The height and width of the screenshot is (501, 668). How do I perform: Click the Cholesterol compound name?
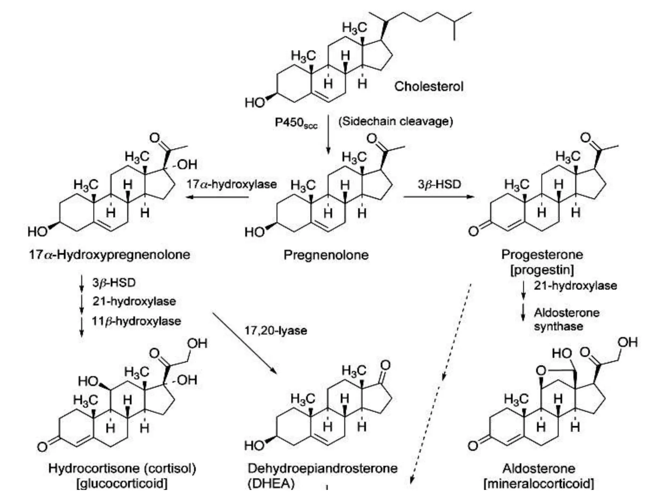[429, 86]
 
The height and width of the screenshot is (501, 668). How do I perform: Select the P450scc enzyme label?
[296, 123]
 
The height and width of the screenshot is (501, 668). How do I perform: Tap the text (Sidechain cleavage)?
[396, 121]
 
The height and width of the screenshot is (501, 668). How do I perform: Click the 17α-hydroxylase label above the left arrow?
[231, 184]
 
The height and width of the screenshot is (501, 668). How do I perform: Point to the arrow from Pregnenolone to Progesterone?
[439, 196]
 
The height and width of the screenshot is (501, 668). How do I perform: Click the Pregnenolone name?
[326, 255]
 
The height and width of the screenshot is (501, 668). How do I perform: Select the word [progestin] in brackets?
[542, 270]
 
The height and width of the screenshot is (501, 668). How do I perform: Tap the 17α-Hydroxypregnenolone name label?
[109, 254]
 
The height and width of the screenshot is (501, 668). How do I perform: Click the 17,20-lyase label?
[276, 330]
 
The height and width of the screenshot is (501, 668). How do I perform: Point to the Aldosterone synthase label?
[566, 319]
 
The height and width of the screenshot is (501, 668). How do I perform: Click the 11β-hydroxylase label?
[136, 321]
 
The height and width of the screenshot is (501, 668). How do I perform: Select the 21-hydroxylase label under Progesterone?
[575, 285]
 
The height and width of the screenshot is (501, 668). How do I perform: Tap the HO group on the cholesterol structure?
[255, 102]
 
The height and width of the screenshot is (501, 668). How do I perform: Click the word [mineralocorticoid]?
[539, 483]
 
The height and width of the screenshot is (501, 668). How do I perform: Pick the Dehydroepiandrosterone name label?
[323, 468]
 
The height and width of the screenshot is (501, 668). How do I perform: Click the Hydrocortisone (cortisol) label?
[122, 468]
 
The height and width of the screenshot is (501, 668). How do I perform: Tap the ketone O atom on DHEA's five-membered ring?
[386, 365]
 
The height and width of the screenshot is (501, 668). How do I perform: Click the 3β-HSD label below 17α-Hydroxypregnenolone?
[114, 282]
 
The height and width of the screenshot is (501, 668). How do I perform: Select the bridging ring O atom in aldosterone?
[541, 370]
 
